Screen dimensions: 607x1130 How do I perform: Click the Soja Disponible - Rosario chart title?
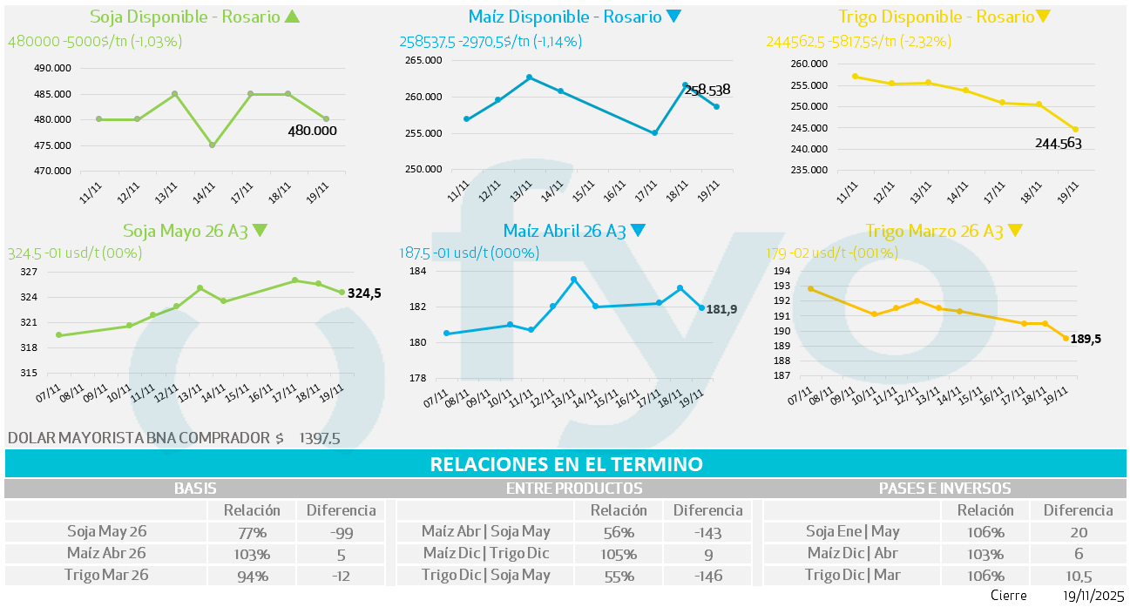[x=184, y=17]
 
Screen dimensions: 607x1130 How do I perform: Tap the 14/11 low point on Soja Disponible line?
[x=213, y=145]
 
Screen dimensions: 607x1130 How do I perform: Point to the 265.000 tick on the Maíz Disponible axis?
[x=423, y=60]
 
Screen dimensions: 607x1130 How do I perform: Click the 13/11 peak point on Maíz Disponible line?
[x=529, y=78]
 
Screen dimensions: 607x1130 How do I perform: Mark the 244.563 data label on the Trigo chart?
[x=1059, y=143]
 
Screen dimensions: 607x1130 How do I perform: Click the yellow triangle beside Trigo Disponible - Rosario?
[x=1044, y=17]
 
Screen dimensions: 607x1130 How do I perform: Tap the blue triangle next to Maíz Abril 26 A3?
[x=638, y=232]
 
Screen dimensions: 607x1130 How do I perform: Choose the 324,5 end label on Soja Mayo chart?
[x=364, y=294]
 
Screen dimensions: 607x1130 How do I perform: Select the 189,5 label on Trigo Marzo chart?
[x=1086, y=339]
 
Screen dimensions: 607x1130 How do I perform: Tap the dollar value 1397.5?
[x=319, y=438]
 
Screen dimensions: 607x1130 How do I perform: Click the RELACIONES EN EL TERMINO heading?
[x=566, y=464]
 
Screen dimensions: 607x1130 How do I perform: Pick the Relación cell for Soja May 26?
[x=252, y=532]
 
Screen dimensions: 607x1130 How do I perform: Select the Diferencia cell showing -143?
[x=707, y=532]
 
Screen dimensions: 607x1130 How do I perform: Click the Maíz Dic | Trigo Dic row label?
[x=485, y=554]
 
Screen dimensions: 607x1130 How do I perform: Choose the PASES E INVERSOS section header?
[x=944, y=489]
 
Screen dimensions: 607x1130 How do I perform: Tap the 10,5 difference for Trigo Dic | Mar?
[x=1079, y=576]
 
